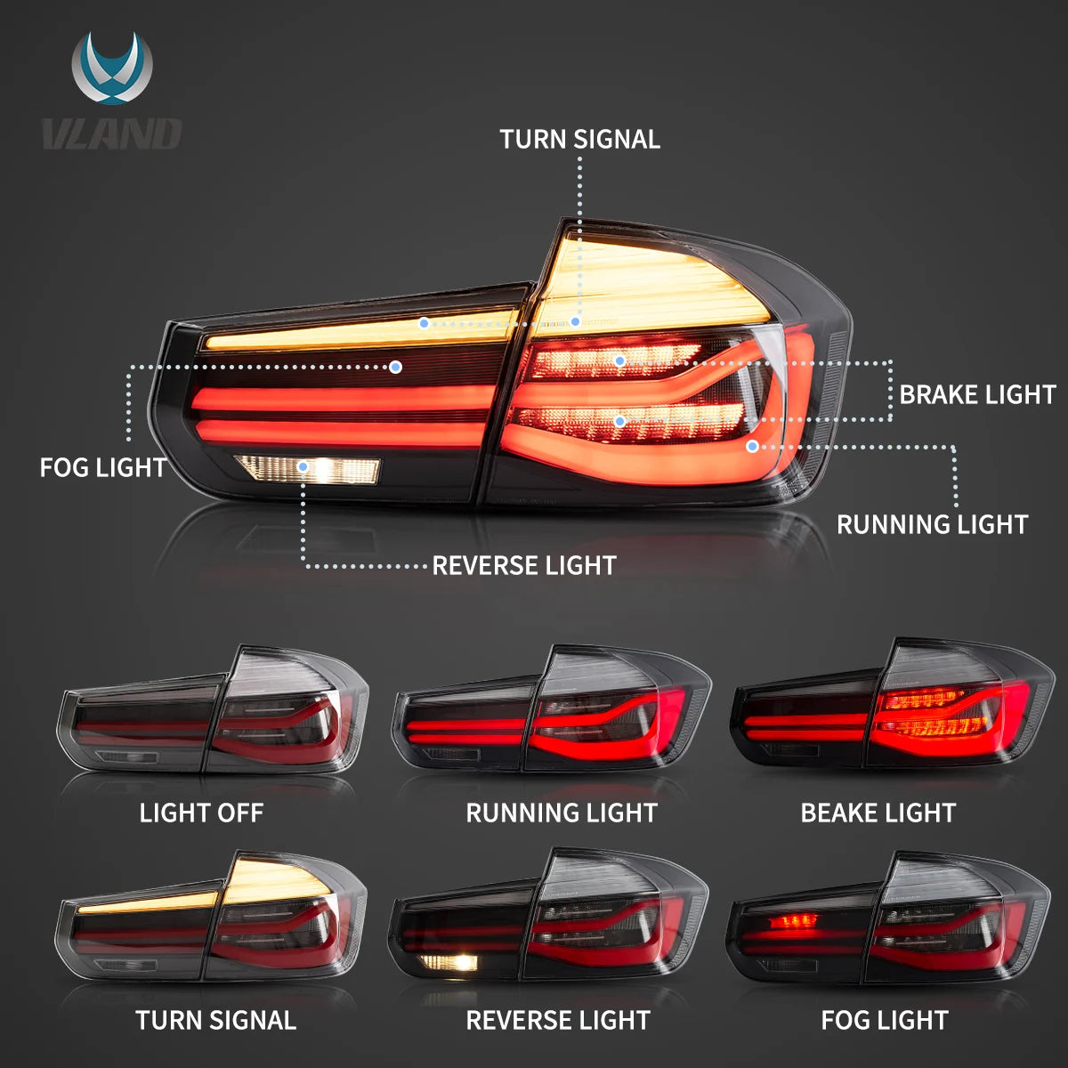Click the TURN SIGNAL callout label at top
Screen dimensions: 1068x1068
[x=579, y=140]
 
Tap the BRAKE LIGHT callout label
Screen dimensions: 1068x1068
[x=976, y=394]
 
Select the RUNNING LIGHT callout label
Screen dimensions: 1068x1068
[x=932, y=524]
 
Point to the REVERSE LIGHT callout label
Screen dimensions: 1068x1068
[x=523, y=565]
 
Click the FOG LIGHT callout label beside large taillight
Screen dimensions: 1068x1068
[x=102, y=467]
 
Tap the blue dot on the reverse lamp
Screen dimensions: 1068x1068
[x=303, y=465]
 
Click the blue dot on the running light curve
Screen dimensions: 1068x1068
[x=753, y=446]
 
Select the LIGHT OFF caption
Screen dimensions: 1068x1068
[x=201, y=813]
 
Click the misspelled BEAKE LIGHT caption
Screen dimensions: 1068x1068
[x=878, y=813]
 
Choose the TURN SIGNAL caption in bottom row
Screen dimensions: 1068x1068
[x=215, y=1020]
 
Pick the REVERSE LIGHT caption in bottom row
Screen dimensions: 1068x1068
[x=558, y=1020]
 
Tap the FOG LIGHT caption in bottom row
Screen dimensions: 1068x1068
[x=884, y=1020]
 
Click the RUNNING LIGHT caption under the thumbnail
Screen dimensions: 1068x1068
[x=561, y=813]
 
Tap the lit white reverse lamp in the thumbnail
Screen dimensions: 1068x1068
[x=449, y=962]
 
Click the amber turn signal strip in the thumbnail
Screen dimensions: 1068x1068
[x=147, y=905]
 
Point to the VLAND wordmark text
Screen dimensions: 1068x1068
[x=112, y=133]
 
